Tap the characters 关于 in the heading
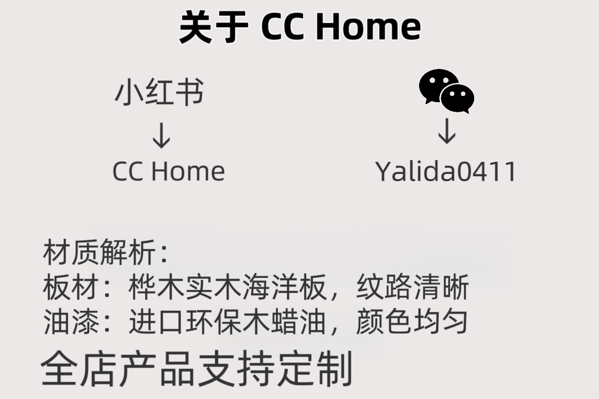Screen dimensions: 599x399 [x=213, y=27]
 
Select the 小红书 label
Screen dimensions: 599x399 [x=159, y=92]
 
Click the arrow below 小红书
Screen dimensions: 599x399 [x=161, y=135]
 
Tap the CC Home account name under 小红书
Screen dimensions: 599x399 [x=168, y=171]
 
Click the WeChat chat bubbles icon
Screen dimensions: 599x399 [x=446, y=91]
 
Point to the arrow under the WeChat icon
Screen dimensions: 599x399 [x=447, y=131]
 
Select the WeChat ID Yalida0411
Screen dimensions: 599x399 [x=446, y=171]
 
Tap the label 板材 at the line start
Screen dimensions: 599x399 [x=71, y=288]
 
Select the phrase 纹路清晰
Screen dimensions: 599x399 [x=412, y=288]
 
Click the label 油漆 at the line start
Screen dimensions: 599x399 [x=71, y=322]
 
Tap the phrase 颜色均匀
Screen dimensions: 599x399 [x=412, y=322]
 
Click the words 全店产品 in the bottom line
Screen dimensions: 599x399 [x=118, y=369]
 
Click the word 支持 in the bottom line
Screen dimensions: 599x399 [x=236, y=369]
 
